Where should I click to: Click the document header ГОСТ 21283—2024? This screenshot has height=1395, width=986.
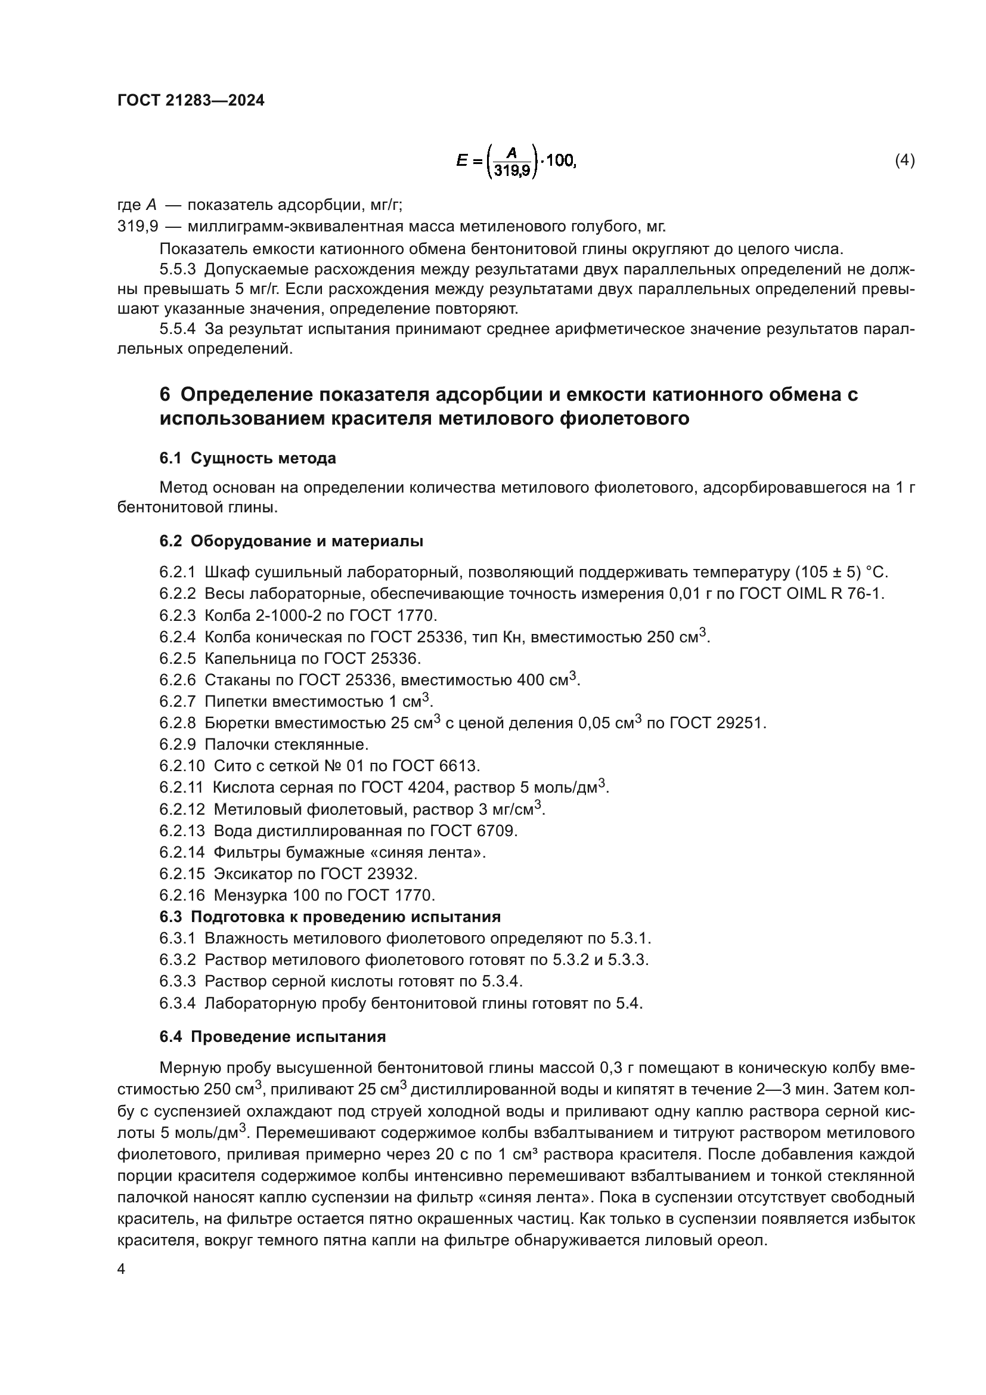[x=191, y=101]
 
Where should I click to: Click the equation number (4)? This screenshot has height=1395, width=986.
[x=905, y=160]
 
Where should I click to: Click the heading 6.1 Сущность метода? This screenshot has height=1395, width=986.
[x=248, y=458]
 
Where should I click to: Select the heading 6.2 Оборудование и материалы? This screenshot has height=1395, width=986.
[x=292, y=541]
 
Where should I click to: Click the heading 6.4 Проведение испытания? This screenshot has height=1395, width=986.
[x=272, y=1036]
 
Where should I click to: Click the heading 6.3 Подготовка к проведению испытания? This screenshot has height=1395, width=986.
[x=330, y=916]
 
